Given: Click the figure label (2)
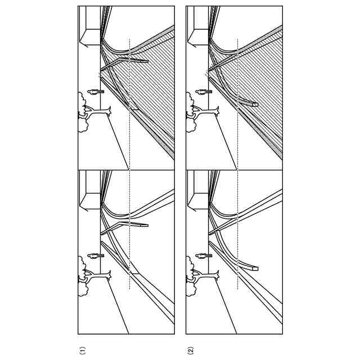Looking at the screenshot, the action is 191,350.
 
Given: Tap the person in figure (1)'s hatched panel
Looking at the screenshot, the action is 96,92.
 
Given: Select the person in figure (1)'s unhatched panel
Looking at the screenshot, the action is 96,256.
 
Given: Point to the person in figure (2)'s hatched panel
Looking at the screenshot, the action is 204,92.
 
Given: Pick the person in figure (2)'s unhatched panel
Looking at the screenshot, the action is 204,256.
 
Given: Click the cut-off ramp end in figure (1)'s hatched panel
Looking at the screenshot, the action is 147,61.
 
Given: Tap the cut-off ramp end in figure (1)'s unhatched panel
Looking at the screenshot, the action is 147,226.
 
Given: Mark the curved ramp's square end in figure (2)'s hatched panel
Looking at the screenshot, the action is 255,105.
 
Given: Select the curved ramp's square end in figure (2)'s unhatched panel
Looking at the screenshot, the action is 255,268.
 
